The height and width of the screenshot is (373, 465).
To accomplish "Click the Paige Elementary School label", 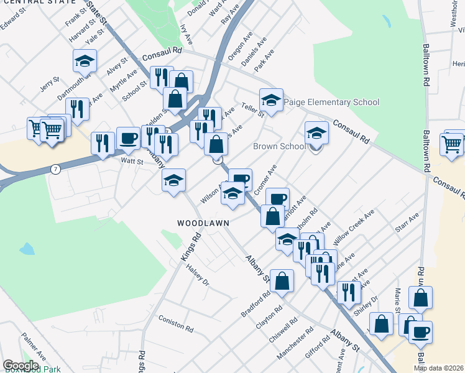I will (331, 102).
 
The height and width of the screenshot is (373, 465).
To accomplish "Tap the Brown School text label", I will (280, 147).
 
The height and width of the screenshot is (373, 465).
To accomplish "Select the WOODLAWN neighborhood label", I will (203, 223).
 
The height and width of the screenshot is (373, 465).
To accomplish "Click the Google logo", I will (21, 366).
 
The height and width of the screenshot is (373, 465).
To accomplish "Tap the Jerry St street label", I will (49, 83).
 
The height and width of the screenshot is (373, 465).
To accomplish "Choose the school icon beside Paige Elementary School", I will (271, 99).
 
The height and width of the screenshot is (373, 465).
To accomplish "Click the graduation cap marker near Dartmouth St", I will (85, 61).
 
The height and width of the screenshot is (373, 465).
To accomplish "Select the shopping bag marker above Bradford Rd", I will (282, 280).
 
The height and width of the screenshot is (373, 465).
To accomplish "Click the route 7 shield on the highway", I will (56, 169).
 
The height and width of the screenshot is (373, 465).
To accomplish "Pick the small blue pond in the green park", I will (27, 249).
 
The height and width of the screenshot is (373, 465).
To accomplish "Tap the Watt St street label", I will (132, 161).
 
